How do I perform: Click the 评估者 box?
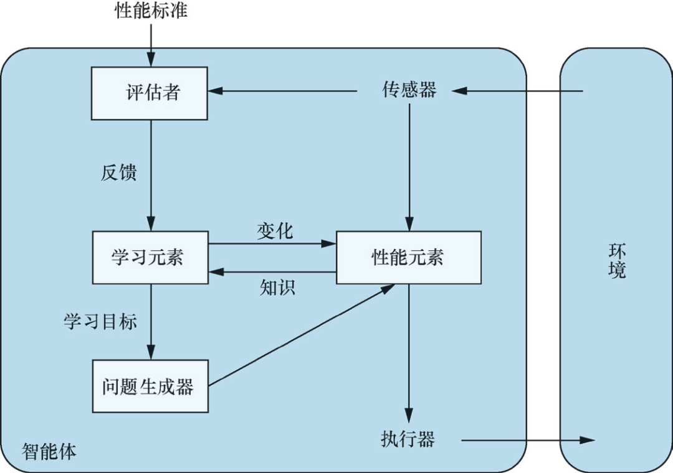click(x=150, y=93)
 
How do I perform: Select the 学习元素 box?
click(x=150, y=257)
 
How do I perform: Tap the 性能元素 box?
click(x=408, y=257)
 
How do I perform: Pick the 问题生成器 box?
click(x=150, y=386)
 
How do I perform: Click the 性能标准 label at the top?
click(x=151, y=11)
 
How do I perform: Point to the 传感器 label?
click(x=409, y=90)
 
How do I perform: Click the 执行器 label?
click(x=408, y=439)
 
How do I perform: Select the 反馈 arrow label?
click(x=118, y=172)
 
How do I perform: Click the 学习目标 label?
click(x=100, y=321)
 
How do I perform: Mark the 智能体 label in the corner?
click(x=49, y=451)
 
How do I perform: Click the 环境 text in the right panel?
click(x=617, y=261)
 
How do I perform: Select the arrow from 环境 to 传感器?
click(x=517, y=91)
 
